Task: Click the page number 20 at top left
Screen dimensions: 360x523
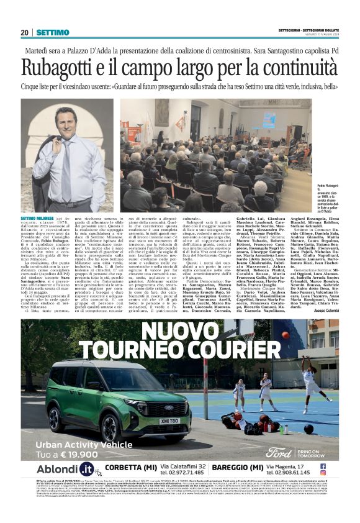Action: [x=24, y=32]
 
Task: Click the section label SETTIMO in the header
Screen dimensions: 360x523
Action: [x=52, y=32]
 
